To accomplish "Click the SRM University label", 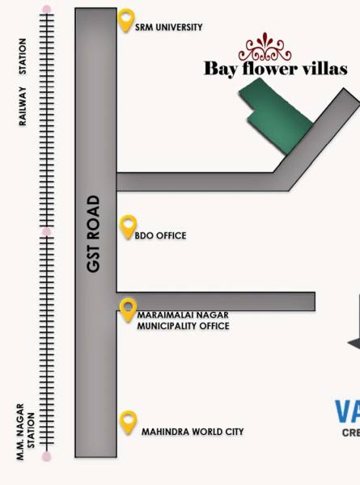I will [169, 27].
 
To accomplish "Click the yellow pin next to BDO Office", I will [128, 226].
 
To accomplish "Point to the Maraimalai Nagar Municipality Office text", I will [183, 320].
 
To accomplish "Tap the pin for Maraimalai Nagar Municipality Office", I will [128, 309].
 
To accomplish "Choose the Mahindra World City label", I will [193, 432].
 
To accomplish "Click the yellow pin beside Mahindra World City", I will [128, 421].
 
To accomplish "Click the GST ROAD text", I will [95, 233].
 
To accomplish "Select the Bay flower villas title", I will [275, 69].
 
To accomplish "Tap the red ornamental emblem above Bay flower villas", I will [265, 47].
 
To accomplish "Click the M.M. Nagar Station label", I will [27, 432].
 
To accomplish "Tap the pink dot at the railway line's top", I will [47, 10].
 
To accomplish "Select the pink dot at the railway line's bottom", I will [47, 457].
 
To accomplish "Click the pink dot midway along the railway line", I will [47, 232].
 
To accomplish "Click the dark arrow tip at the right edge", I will [354, 344].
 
